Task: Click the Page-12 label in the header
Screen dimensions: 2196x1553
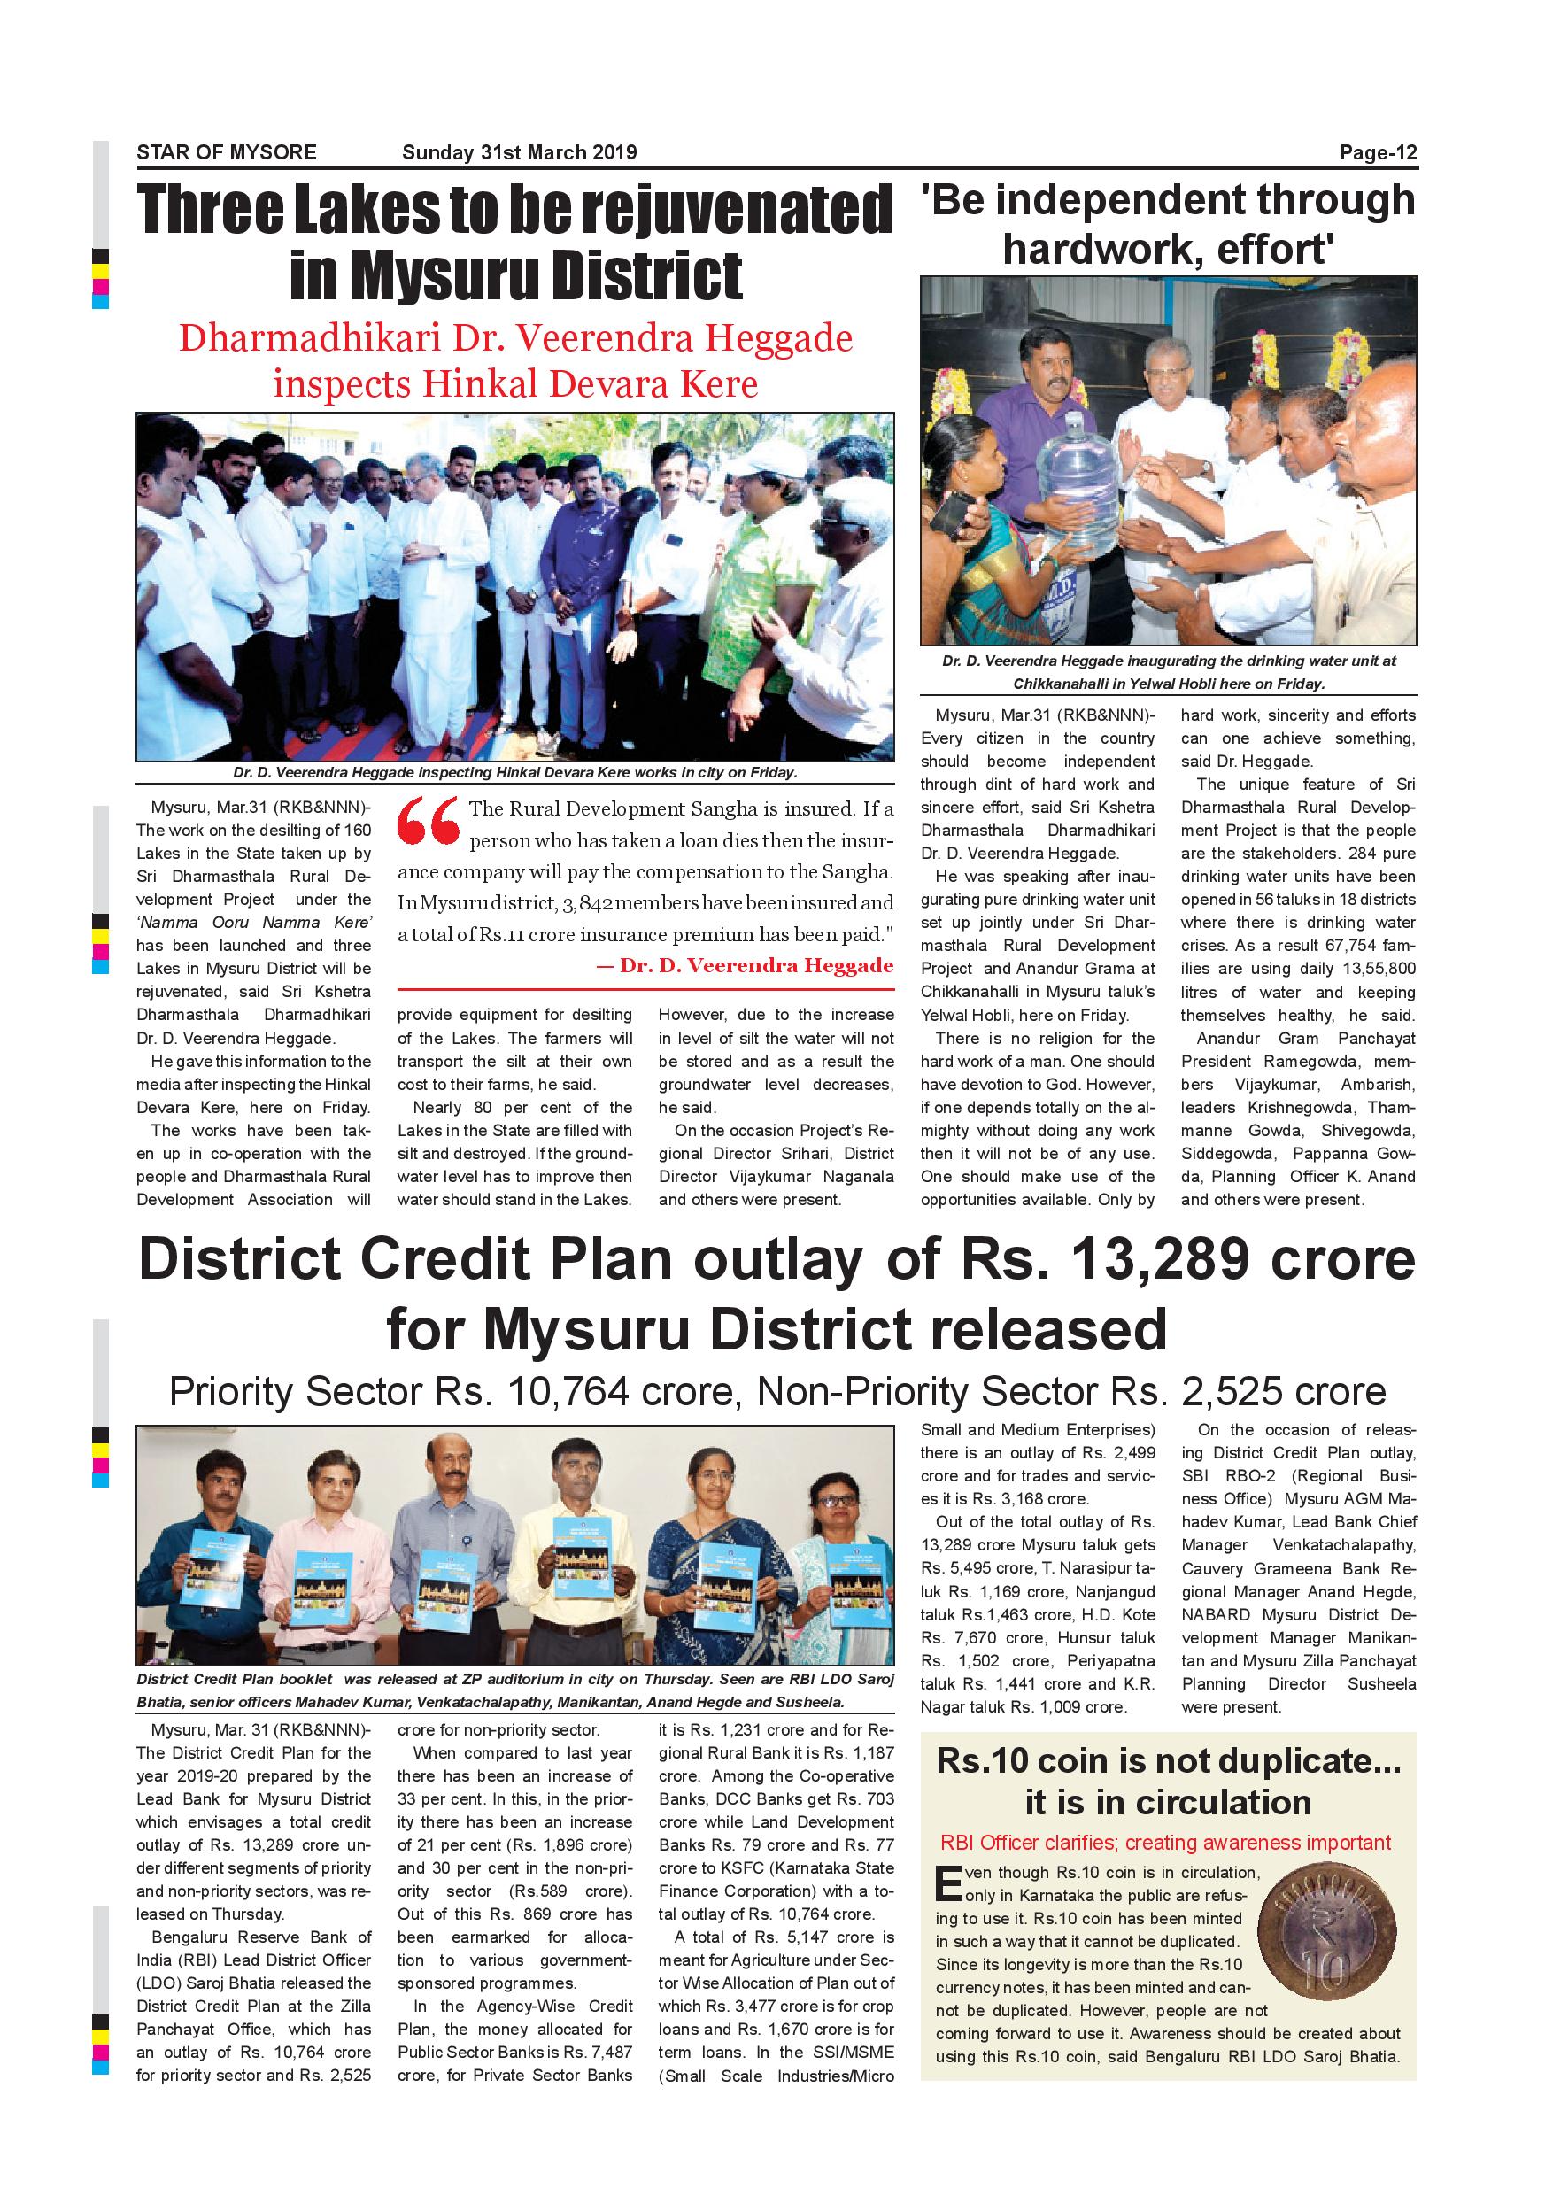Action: click(x=1377, y=153)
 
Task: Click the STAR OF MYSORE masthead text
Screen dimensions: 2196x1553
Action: click(x=227, y=153)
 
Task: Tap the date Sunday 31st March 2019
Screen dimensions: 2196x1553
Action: click(x=519, y=153)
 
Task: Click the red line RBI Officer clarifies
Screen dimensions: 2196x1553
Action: click(x=1166, y=1842)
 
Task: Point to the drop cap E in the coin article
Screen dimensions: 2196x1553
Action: click(x=947, y=1883)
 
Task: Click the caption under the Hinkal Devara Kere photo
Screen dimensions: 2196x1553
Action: click(x=514, y=773)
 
